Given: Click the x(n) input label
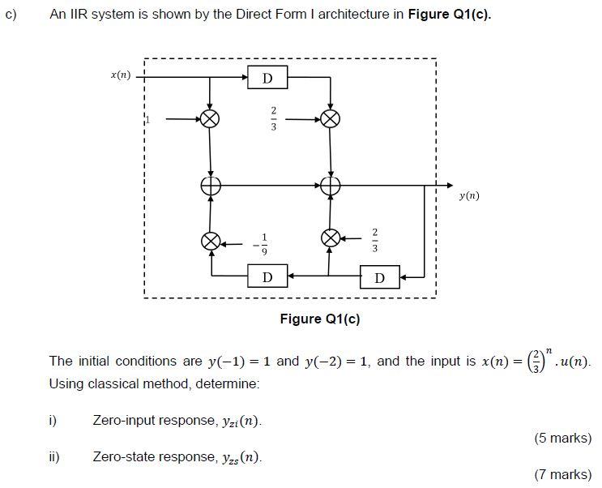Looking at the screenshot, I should click(120, 75).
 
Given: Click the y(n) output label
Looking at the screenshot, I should click(468, 195).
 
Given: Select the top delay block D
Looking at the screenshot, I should click(268, 78).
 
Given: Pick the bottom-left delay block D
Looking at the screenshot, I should click(267, 278).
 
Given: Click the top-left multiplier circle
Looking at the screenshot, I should click(211, 118).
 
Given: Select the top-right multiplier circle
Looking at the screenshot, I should click(330, 118).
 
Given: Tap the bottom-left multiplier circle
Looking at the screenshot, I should click(211, 241).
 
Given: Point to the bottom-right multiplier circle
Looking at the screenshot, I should click(330, 238).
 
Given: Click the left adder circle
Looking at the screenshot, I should click(211, 186).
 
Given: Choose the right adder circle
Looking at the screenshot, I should click(330, 186).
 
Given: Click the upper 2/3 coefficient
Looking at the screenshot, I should click(274, 118).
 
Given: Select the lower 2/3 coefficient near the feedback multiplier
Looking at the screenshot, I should click(374, 239).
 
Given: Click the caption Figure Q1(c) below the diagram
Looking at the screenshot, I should click(320, 319).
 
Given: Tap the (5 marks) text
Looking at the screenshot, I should click(562, 439).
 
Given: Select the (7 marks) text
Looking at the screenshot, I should click(562, 474).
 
